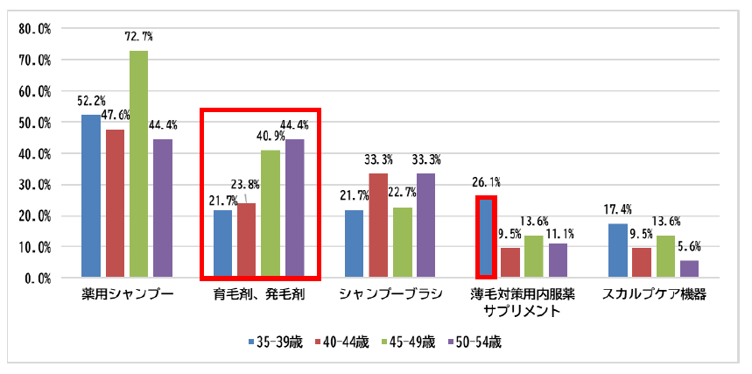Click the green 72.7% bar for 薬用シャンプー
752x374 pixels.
coord(138,164)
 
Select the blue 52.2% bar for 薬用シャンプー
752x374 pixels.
coord(91,196)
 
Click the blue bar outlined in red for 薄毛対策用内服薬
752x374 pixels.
coord(485,237)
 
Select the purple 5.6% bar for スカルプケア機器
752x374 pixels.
coord(688,269)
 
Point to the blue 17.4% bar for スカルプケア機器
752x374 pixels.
coord(617,251)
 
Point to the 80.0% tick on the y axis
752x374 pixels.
coord(36,29)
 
